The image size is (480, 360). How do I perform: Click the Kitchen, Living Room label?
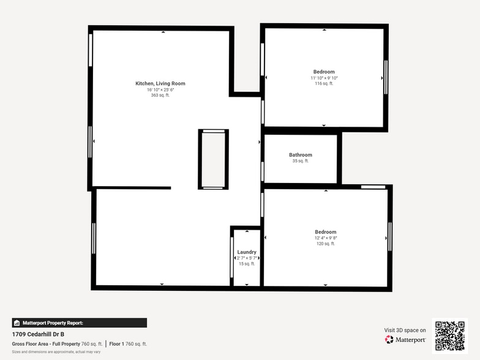click(160, 83)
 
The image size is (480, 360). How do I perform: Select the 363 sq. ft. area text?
click(160, 96)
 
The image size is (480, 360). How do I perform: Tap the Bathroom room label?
click(301, 155)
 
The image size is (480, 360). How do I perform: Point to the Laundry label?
click(247, 252)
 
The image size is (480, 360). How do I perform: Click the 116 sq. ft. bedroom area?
click(324, 84)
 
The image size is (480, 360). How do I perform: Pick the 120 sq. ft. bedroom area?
click(325, 244)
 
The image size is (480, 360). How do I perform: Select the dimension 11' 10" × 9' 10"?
click(324, 78)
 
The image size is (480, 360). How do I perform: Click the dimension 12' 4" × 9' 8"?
click(325, 238)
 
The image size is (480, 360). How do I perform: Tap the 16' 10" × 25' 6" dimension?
click(160, 90)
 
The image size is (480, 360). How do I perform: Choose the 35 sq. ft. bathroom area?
click(301, 161)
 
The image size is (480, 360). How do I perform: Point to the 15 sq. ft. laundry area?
click(247, 264)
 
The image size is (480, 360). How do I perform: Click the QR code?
click(449, 335)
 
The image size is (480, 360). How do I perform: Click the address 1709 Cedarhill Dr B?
click(38, 334)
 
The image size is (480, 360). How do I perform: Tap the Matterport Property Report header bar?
click(79, 323)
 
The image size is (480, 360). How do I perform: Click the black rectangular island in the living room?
click(213, 159)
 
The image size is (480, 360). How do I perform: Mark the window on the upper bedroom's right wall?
click(386, 77)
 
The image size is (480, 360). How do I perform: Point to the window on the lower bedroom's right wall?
click(390, 236)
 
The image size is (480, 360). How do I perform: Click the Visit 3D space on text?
click(405, 330)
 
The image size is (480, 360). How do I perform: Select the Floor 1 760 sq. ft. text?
click(128, 344)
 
